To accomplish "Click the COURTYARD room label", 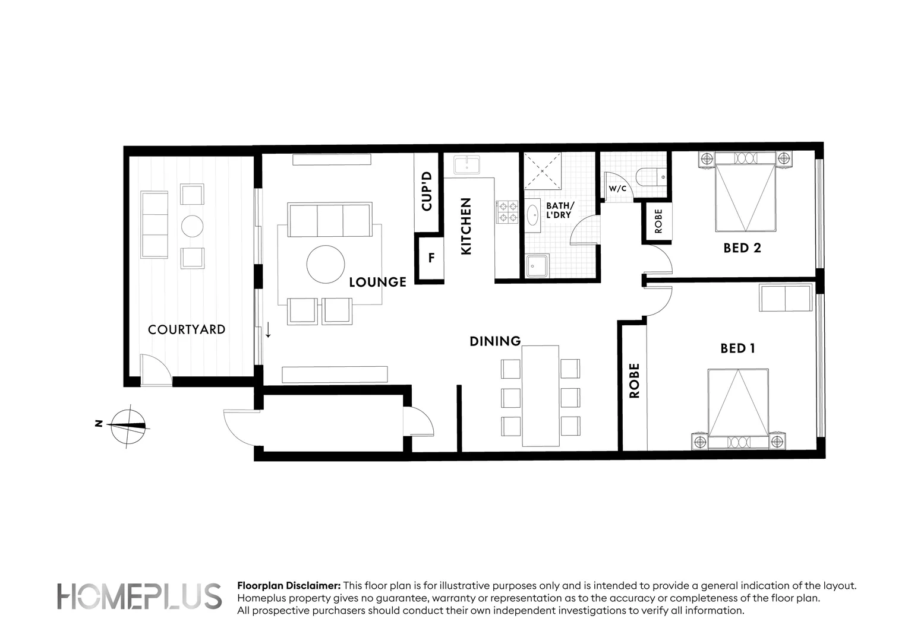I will point(187,329).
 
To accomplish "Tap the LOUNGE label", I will point(377,282).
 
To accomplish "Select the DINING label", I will point(495,341).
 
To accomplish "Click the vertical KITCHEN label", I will point(466,227).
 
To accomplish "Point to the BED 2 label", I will point(742,248).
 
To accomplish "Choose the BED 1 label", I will point(737,348).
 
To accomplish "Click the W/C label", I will point(617,189).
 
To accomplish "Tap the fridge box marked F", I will point(431,258).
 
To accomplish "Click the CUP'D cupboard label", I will point(426,192).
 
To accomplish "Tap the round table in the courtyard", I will point(192,226).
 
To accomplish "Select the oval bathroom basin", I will point(533,214).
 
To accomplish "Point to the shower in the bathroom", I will point(543,171).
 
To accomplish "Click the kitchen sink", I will point(467,164).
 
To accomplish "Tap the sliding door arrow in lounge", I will point(268,330).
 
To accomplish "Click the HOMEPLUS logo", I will point(139,596).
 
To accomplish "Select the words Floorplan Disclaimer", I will point(289,586).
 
